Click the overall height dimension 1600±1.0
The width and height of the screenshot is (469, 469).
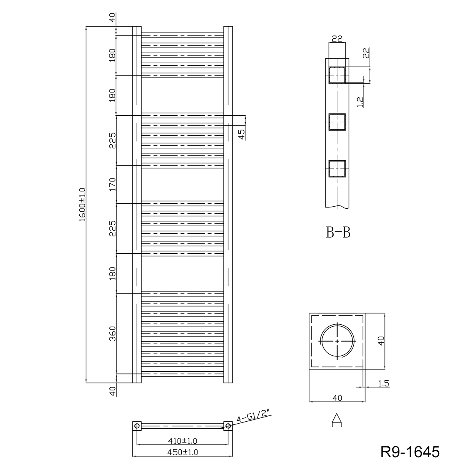[82, 204]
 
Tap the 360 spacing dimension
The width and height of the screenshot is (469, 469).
[113, 333]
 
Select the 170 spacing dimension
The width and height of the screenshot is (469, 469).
[113, 184]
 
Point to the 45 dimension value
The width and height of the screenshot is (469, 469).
[242, 134]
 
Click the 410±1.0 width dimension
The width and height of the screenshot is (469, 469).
[182, 441]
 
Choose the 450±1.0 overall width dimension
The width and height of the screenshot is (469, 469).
[183, 452]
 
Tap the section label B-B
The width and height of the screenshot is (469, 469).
[338, 233]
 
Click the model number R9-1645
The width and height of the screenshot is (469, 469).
[410, 452]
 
